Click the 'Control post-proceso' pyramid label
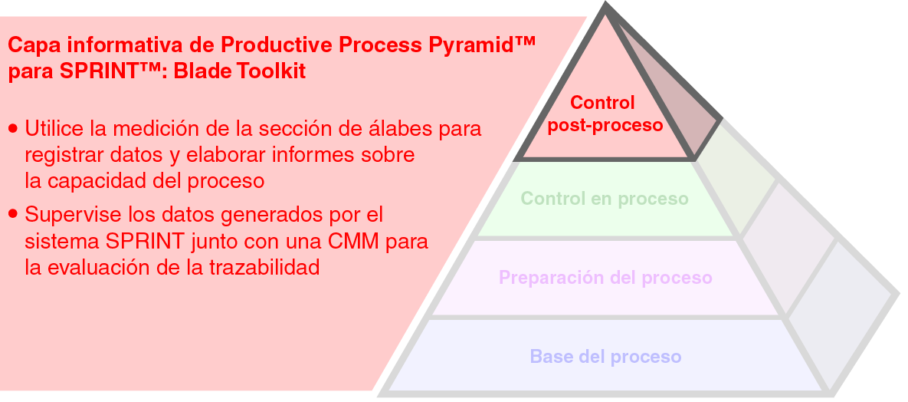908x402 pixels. pyautogui.click(x=605, y=114)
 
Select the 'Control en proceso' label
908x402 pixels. pyautogui.click(x=605, y=199)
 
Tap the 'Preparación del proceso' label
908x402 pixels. pyautogui.click(x=605, y=277)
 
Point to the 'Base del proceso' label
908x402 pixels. pyautogui.click(x=605, y=357)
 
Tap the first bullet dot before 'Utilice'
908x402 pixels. pyautogui.click(x=13, y=128)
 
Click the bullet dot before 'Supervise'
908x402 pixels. pyautogui.click(x=13, y=213)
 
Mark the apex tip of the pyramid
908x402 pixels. pyautogui.click(x=607, y=6)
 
